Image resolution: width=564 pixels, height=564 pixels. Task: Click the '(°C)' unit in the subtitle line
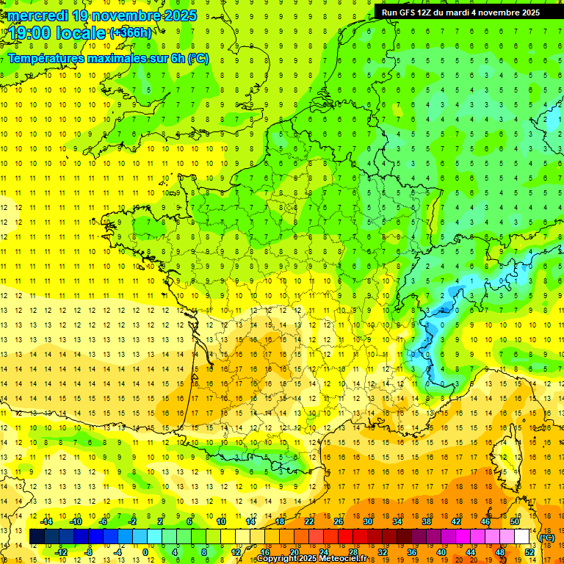click(x=198, y=58)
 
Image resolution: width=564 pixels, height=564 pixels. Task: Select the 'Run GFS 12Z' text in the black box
click(x=407, y=12)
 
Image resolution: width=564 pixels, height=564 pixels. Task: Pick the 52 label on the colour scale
click(x=529, y=552)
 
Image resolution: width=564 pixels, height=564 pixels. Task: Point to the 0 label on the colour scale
click(x=145, y=552)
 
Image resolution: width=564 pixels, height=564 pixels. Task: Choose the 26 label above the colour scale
click(x=339, y=521)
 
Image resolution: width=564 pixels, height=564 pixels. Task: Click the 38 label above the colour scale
click(x=427, y=521)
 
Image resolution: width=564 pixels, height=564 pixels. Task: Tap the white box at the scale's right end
click(x=522, y=537)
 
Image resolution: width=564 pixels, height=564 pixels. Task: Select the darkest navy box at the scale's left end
click(x=37, y=537)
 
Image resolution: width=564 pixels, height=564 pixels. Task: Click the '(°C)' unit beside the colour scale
click(x=547, y=538)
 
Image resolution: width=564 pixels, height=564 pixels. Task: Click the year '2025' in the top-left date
click(x=176, y=15)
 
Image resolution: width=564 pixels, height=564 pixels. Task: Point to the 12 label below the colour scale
click(x=236, y=552)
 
